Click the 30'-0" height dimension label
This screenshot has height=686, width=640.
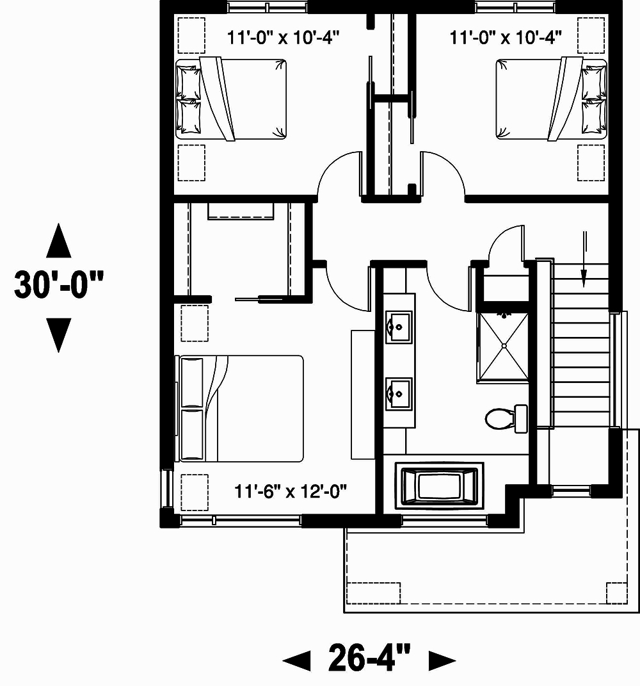pos(59,286)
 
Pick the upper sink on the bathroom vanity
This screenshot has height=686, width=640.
pos(399,327)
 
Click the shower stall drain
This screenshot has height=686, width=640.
pos(504,347)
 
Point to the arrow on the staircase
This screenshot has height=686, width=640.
pos(584,260)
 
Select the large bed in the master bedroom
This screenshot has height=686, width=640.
pos(241,409)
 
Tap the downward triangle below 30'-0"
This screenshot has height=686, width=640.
pos(59,334)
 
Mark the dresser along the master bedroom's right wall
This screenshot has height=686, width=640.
pos(362,394)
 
